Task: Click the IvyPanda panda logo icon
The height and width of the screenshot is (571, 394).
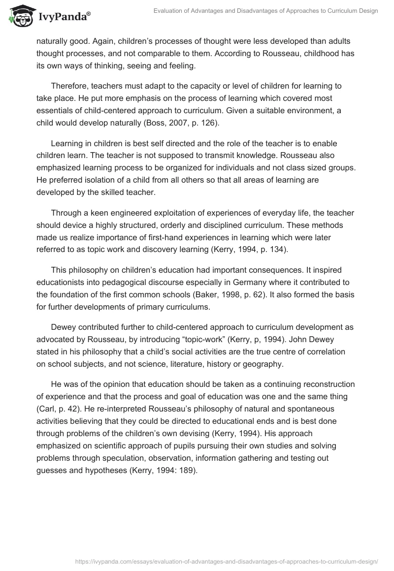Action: [19, 16]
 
